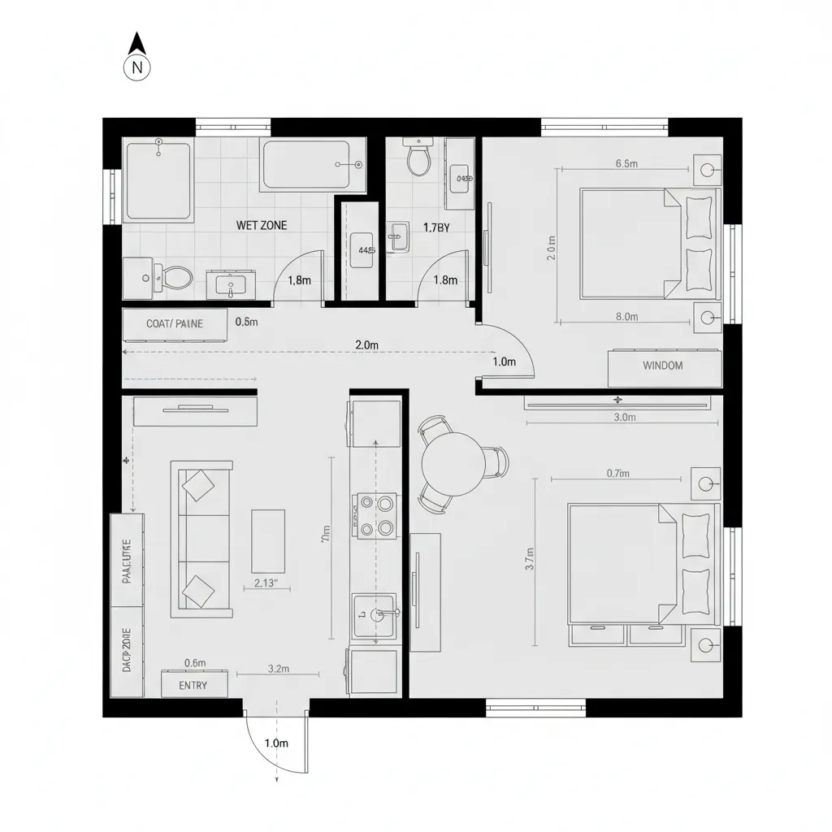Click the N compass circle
coord(137,68)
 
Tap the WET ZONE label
coord(261,225)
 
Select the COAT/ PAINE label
coord(175,323)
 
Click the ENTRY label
coord(193,685)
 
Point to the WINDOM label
coord(663,366)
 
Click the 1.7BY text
coord(436,227)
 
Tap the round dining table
coord(453,464)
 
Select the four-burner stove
coord(375,516)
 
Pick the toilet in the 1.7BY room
coord(418,158)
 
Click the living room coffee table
coord(268,540)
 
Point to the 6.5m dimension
coord(626,163)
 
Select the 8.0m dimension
coord(626,317)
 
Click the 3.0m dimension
coord(624,418)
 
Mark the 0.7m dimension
coord(619,474)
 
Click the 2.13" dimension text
coord(266,583)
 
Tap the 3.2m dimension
coord(279,669)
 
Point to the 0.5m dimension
coord(246,322)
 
